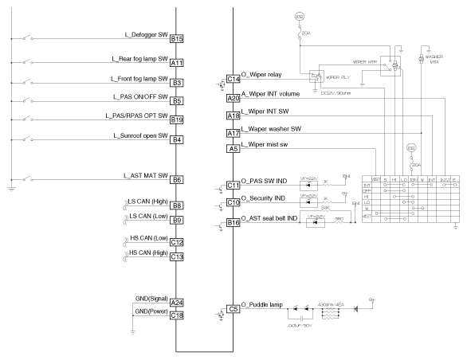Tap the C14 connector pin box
(x=233, y=80)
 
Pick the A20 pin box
(x=233, y=98)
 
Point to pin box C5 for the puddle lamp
(x=233, y=308)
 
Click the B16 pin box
(x=233, y=222)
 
